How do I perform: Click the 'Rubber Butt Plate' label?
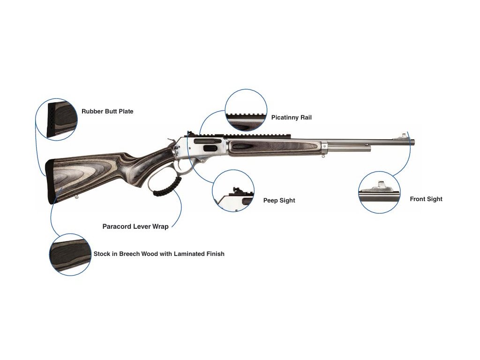point(107,112)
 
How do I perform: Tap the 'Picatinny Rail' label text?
point(291,118)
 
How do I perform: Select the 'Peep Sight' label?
point(279,201)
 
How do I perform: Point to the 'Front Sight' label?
point(426,199)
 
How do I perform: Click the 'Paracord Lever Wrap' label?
point(135,226)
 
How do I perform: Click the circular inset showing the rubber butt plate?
point(57,120)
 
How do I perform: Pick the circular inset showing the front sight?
point(379,193)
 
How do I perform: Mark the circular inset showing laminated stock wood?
point(70,255)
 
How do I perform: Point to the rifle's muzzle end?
point(413,142)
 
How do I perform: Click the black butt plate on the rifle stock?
point(49,183)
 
